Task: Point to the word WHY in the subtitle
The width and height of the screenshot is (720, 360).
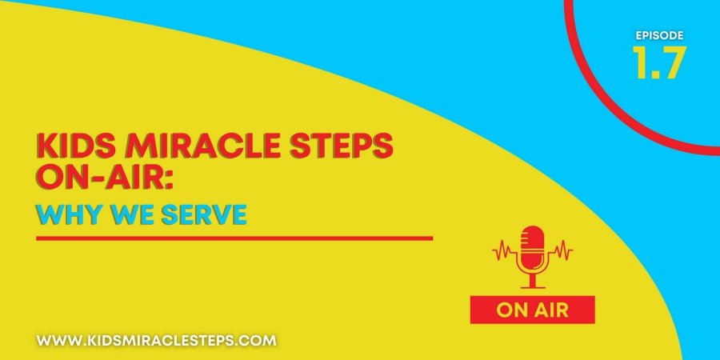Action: click(x=69, y=214)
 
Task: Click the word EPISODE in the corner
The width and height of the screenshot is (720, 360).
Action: click(x=659, y=35)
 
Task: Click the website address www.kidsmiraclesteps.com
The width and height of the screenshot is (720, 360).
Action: click(x=157, y=341)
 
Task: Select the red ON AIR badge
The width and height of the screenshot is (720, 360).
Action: click(x=532, y=310)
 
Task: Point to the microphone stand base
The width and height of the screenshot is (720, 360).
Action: click(x=532, y=287)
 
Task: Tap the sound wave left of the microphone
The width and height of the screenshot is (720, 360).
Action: click(x=505, y=251)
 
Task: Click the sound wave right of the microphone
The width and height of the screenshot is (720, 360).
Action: click(x=560, y=251)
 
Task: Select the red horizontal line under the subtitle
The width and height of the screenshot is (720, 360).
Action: click(x=234, y=238)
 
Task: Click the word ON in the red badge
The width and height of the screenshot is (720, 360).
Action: click(x=510, y=310)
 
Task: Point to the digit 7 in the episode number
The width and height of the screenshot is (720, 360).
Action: click(x=673, y=62)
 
